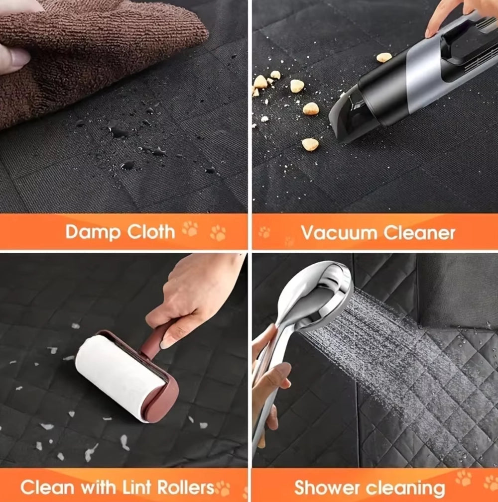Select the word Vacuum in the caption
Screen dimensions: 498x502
(x=339, y=233)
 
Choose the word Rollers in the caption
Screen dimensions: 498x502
(x=186, y=487)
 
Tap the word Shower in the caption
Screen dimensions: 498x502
(x=327, y=488)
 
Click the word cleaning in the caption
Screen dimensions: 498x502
(x=405, y=489)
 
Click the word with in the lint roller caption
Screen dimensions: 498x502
(x=98, y=487)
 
